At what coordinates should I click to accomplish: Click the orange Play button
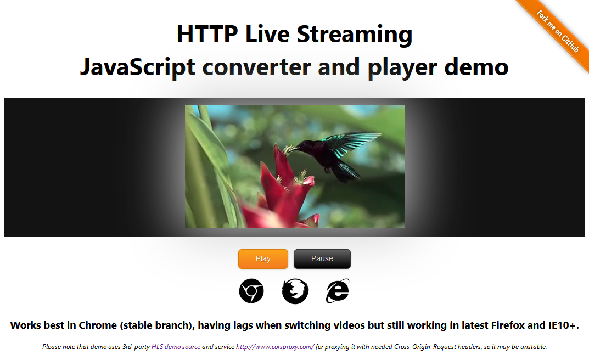pyautogui.click(x=263, y=259)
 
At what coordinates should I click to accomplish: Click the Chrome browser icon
pyautogui.click(x=251, y=291)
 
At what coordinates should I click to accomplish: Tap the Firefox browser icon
pyautogui.click(x=295, y=291)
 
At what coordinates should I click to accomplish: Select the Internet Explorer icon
pyautogui.click(x=337, y=291)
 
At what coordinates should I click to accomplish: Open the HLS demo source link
pyautogui.click(x=176, y=347)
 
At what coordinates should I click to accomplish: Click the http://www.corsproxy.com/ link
pyautogui.click(x=274, y=347)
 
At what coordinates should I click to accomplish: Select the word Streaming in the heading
pyautogui.click(x=355, y=35)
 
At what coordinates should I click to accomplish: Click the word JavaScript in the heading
pyautogui.click(x=137, y=67)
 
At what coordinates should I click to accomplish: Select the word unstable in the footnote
pyautogui.click(x=532, y=347)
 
